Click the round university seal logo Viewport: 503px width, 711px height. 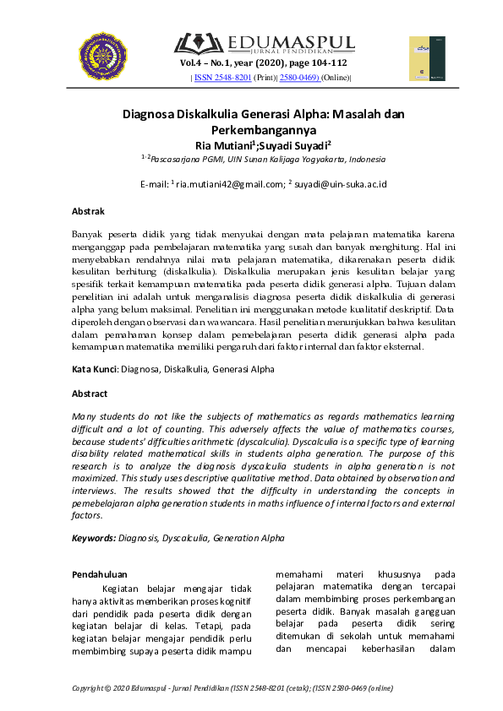point(103,55)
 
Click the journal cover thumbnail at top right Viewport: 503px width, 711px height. point(427,58)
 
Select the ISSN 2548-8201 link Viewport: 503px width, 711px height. point(222,78)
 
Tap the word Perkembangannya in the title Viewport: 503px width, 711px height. point(251,131)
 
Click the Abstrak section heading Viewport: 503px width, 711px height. point(88,211)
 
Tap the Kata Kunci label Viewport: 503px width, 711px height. point(95,369)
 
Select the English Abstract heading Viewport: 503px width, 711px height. point(90,393)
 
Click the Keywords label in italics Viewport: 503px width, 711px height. point(94,537)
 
